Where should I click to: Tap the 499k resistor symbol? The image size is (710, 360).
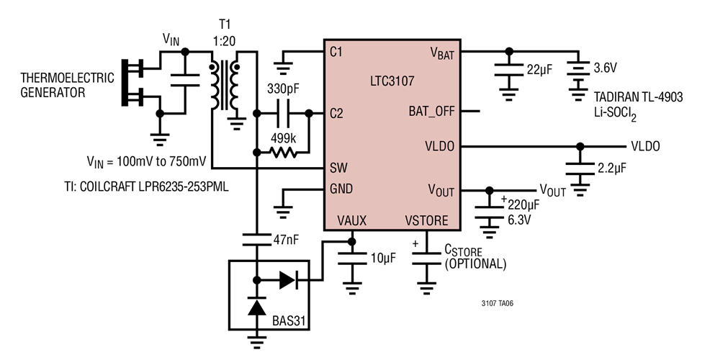(282, 152)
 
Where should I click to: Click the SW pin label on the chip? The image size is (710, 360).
(338, 168)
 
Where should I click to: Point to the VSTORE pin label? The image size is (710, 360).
(426, 221)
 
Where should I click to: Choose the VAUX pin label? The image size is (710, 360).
(351, 221)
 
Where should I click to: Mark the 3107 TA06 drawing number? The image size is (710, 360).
(497, 303)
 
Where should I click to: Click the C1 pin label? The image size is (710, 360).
(337, 52)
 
